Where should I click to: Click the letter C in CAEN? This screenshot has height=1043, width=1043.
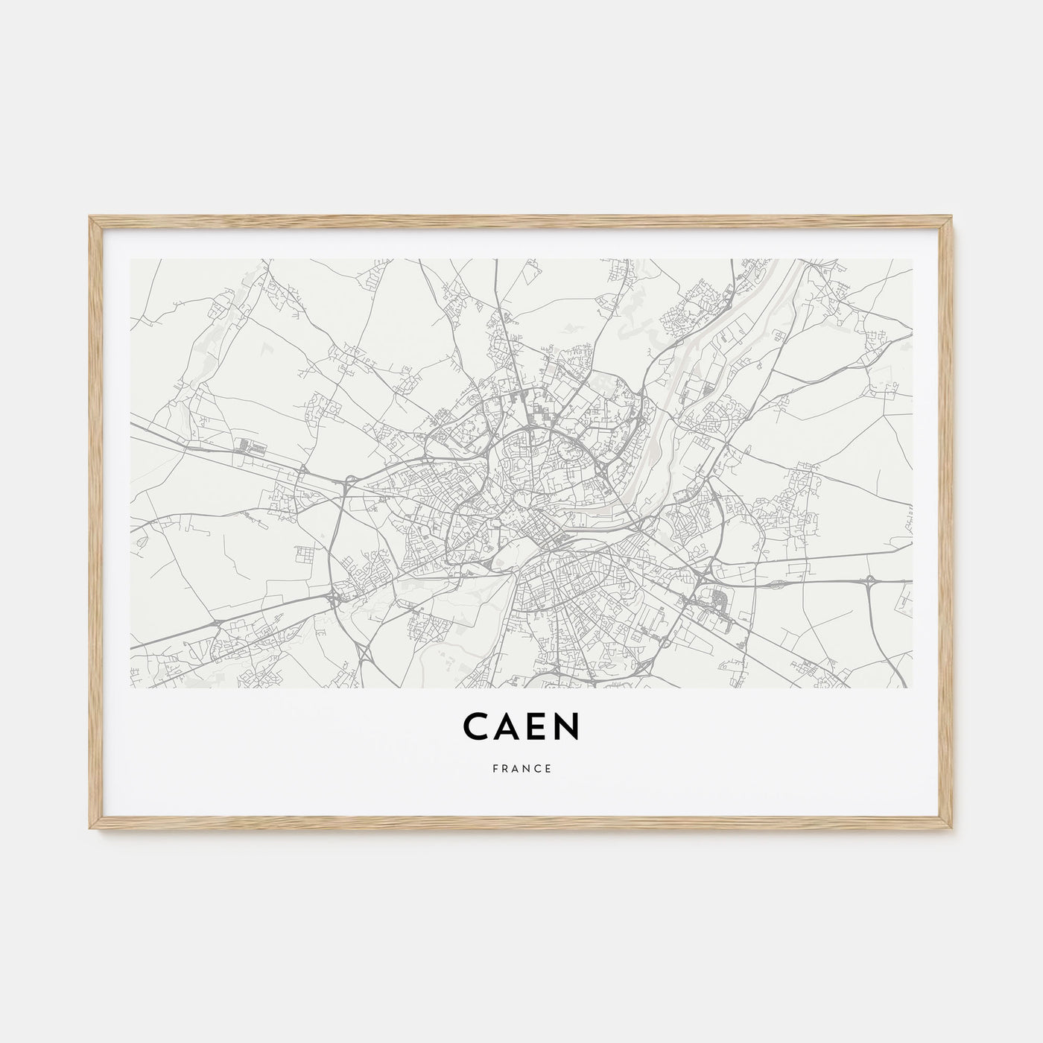click(x=476, y=728)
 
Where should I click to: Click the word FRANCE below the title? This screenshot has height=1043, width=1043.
click(x=521, y=770)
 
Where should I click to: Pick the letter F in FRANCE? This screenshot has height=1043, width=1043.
click(x=494, y=770)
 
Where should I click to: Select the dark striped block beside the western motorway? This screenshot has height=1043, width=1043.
click(x=251, y=448)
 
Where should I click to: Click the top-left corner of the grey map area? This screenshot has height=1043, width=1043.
click(x=131, y=260)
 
